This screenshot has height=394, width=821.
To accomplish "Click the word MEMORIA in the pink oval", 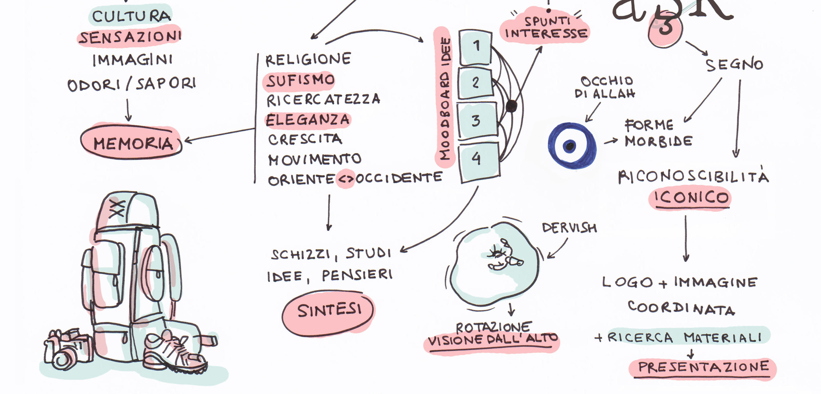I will [133, 143].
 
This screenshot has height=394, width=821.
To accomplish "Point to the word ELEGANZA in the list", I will [308, 120].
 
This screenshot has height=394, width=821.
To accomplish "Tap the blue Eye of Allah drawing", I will [571, 146].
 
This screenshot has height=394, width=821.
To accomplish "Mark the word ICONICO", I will [691, 198].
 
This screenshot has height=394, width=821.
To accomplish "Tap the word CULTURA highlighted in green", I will [131, 16].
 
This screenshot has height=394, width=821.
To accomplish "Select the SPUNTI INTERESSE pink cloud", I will [546, 28].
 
